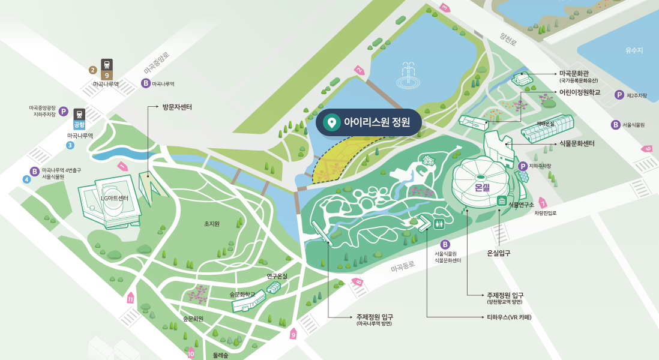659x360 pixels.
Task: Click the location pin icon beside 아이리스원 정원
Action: point(329,122)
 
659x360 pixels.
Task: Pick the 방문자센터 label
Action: point(176,107)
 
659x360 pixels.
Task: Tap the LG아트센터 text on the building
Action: point(114,199)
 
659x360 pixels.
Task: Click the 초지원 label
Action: point(211,224)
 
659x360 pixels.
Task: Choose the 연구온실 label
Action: point(277,276)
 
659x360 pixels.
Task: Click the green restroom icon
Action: point(440,224)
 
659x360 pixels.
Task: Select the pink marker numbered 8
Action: point(358,281)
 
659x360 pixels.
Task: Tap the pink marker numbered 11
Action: point(131,298)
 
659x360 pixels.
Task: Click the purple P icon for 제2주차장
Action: point(619,95)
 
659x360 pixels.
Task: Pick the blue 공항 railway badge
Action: point(79,125)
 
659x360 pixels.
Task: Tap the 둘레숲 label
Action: point(220,355)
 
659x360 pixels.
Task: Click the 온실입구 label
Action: point(499,253)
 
